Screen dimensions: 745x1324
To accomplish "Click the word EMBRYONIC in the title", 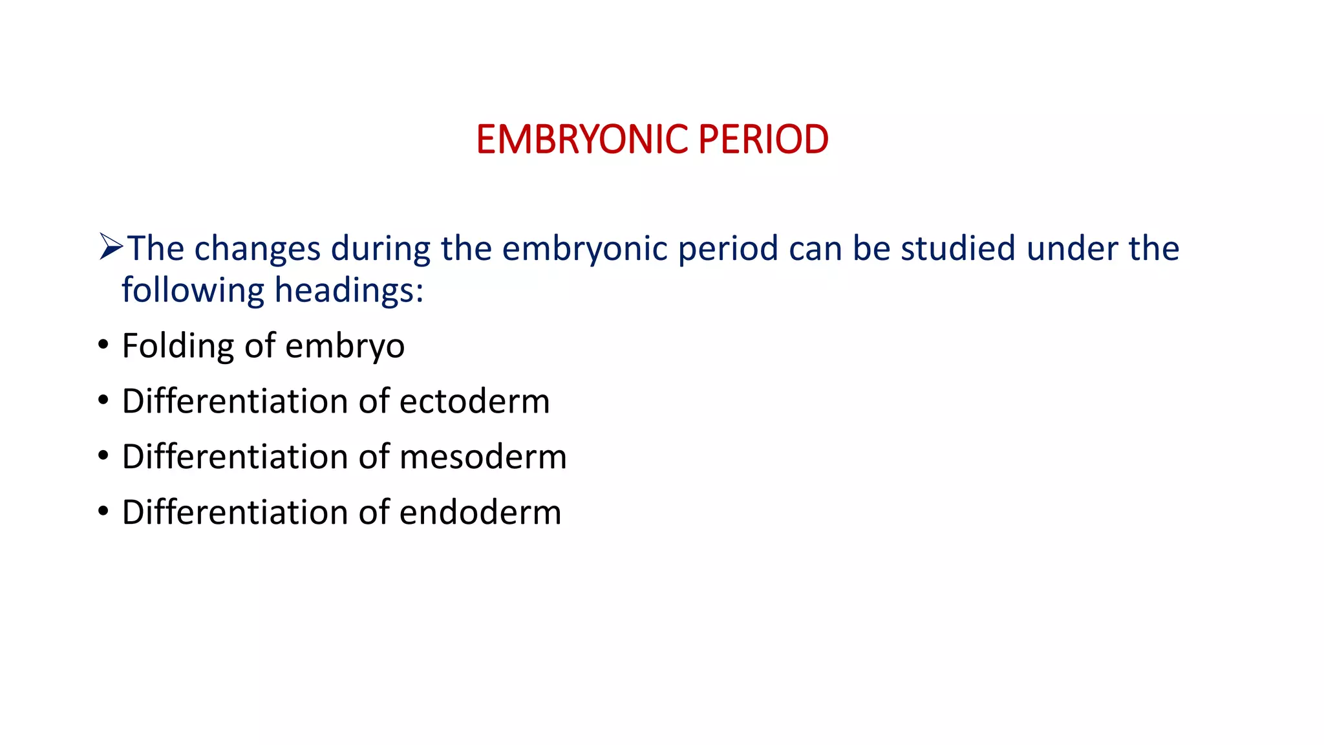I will [582, 140].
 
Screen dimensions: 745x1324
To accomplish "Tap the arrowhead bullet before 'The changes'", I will [111, 247].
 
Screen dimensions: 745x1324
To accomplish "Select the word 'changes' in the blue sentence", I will [257, 249].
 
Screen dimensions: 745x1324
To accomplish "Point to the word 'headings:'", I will [349, 290].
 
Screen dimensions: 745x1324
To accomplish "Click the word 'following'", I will [193, 290].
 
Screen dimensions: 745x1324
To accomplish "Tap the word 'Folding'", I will [177, 346].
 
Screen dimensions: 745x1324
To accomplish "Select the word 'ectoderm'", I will [475, 402].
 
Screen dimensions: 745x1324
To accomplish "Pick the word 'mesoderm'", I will [483, 457].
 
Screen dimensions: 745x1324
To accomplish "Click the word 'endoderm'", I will [480, 513].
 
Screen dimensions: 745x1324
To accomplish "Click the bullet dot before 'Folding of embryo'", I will [103, 345].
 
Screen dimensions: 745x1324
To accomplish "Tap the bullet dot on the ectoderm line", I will [103, 401].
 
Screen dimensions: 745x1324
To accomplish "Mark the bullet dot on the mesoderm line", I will [103, 457].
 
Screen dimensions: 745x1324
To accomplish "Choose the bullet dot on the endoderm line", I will [103, 512].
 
